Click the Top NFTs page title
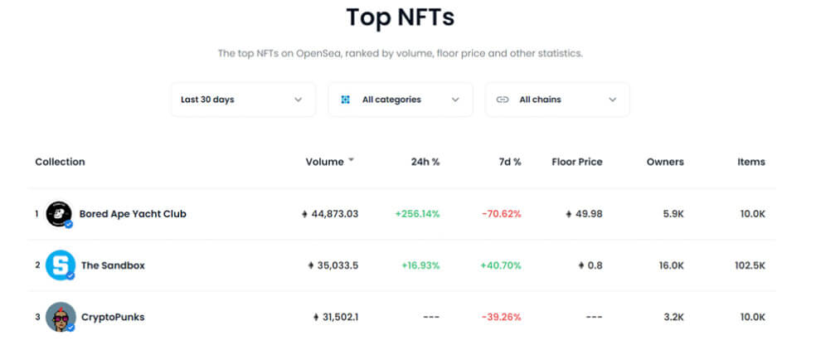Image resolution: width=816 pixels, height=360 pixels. [x=400, y=17]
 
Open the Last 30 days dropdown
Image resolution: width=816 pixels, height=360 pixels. [x=242, y=100]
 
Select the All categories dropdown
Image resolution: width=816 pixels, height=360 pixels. [x=400, y=100]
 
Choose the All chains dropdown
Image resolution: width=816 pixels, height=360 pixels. [x=556, y=100]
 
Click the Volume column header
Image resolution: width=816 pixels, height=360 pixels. [x=324, y=162]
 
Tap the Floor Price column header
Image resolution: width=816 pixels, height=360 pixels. [x=576, y=162]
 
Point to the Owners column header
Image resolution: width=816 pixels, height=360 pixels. [x=664, y=162]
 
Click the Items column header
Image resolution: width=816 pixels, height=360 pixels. [x=750, y=162]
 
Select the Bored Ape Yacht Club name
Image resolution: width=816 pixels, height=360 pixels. [x=133, y=214]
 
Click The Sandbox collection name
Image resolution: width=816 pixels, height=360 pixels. [x=113, y=265]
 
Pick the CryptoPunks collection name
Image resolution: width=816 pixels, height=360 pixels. [x=113, y=317]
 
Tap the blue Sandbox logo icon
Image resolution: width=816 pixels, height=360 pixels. [x=60, y=265]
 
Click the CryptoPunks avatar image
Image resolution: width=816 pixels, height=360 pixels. [x=60, y=317]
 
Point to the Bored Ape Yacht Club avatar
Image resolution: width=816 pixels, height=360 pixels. [x=59, y=214]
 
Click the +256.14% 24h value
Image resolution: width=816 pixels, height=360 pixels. [x=417, y=214]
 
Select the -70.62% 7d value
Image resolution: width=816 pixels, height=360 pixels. [x=501, y=214]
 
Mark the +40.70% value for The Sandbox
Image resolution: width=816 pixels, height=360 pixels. [x=500, y=265]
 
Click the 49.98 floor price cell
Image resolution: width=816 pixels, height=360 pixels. [x=584, y=214]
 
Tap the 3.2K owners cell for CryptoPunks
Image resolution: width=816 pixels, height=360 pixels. [x=673, y=317]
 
